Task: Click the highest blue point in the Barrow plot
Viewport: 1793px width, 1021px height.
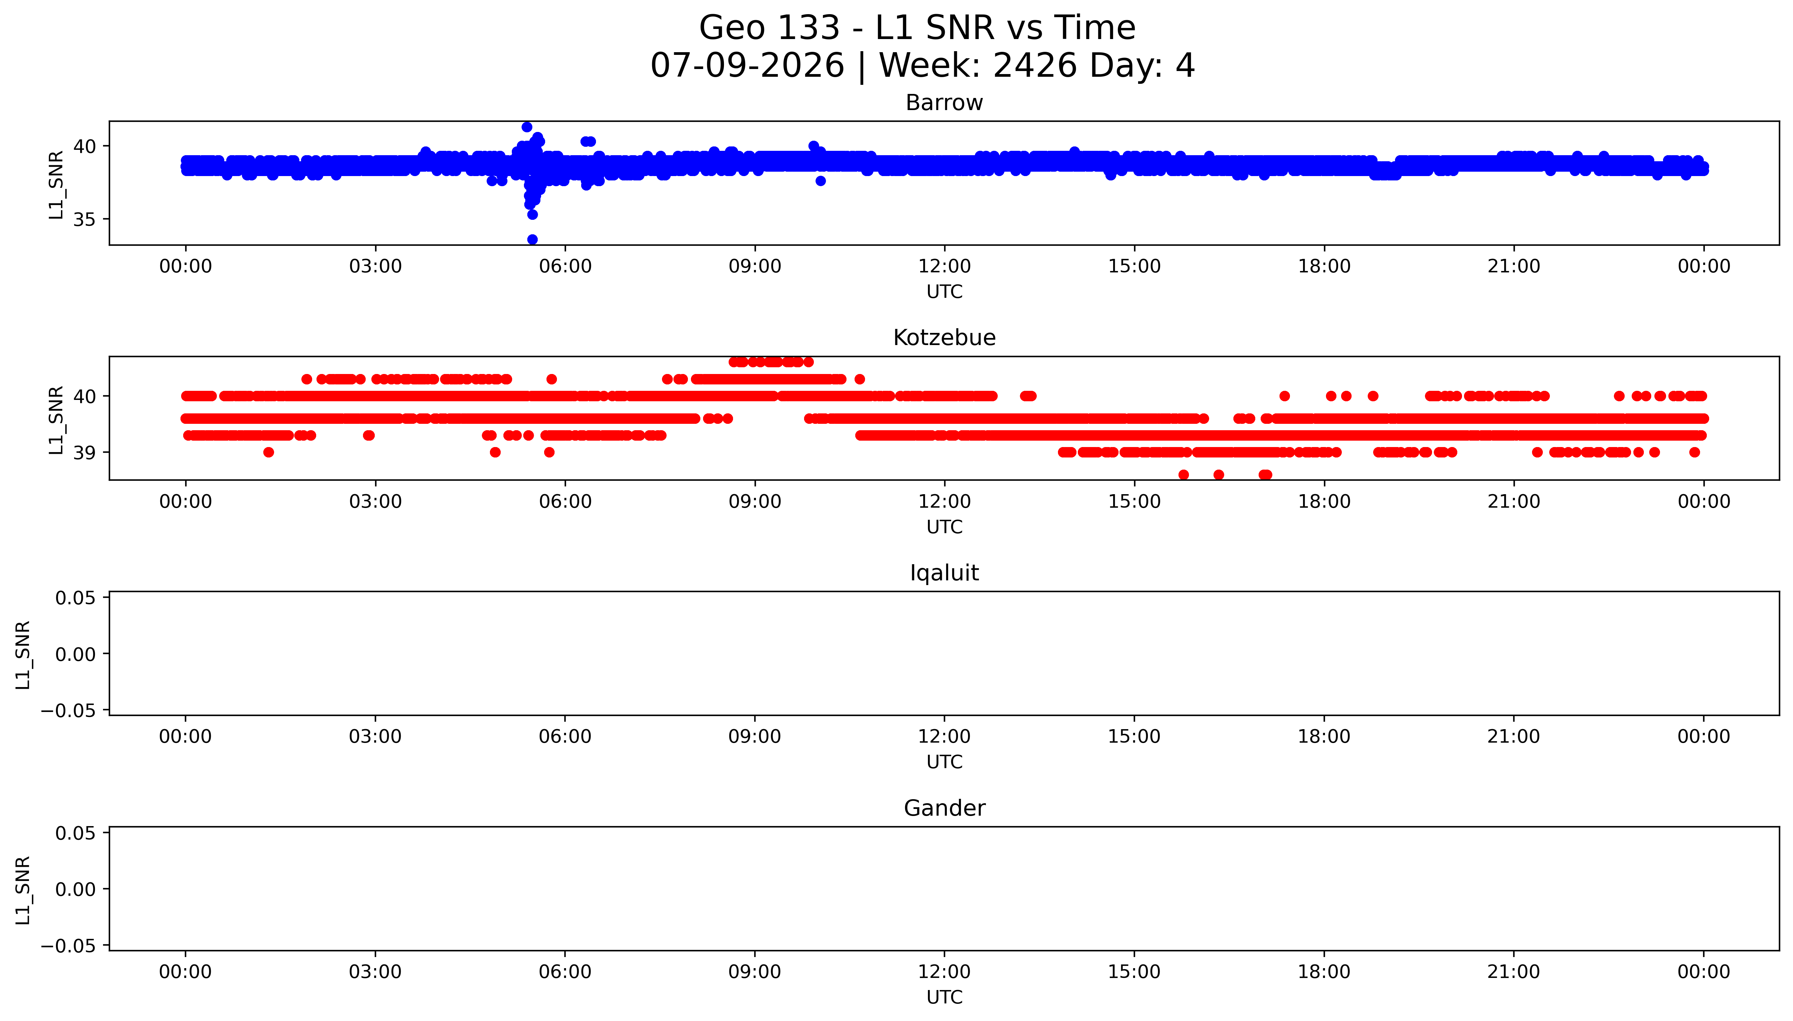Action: tap(527, 127)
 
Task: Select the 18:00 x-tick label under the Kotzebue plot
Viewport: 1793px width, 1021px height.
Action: tap(1324, 501)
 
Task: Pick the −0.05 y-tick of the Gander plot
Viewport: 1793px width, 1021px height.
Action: tap(68, 946)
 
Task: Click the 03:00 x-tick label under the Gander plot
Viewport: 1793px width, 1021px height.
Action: tap(375, 972)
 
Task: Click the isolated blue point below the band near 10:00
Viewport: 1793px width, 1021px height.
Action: tap(821, 181)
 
